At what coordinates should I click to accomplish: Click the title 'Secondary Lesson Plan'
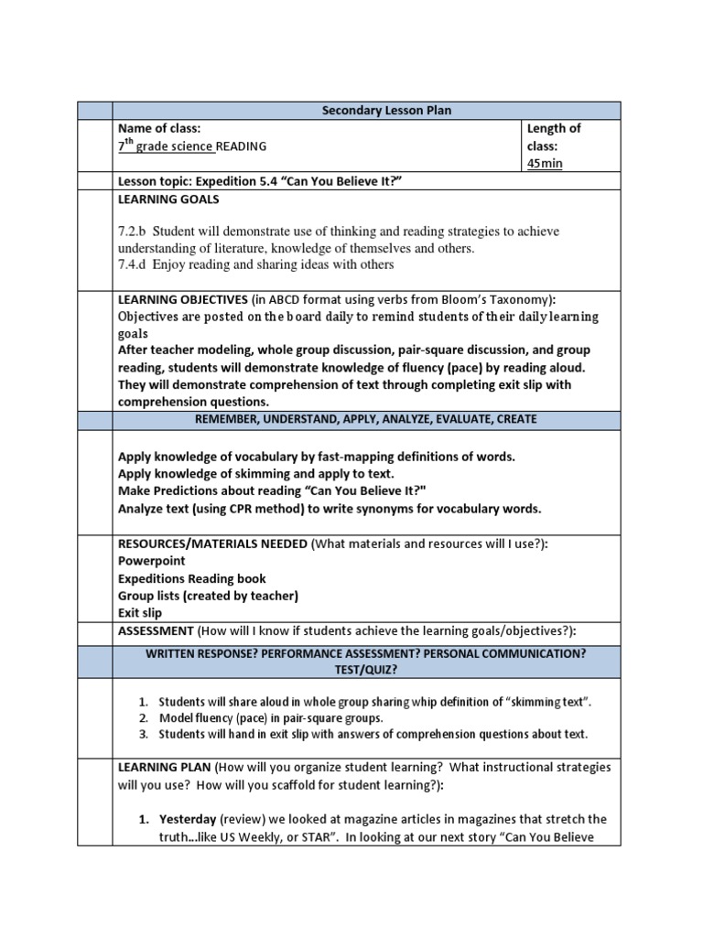[x=386, y=111]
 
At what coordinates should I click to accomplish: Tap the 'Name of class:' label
[x=159, y=128]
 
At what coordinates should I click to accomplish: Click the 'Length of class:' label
[x=553, y=137]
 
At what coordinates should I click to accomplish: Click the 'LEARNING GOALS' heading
[x=168, y=199]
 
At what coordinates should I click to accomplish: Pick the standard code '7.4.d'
[x=133, y=264]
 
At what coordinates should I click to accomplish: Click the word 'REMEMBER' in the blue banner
[x=233, y=419]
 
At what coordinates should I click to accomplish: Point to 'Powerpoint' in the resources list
[x=151, y=561]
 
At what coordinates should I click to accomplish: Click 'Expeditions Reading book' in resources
[x=192, y=578]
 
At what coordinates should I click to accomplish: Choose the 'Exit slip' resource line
[x=139, y=613]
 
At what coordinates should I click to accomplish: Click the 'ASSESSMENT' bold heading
[x=156, y=630]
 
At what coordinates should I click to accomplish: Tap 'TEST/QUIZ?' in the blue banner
[x=366, y=670]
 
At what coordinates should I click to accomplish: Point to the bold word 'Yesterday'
[x=188, y=819]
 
